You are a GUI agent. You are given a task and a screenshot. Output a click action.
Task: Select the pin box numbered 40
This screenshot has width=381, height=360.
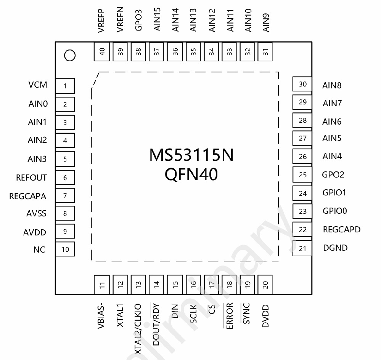click(102, 51)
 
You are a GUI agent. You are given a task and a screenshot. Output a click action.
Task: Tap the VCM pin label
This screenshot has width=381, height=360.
click(38, 85)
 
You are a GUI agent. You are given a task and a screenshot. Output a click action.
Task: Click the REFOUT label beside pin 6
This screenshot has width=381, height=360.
click(31, 178)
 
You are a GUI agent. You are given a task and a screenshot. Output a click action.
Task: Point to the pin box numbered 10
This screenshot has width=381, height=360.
click(65, 249)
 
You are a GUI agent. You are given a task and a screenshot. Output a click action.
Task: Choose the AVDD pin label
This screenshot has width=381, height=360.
click(34, 232)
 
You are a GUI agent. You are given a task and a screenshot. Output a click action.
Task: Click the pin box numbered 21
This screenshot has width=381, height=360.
click(302, 248)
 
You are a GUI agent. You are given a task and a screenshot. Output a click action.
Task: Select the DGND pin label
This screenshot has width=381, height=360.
click(335, 248)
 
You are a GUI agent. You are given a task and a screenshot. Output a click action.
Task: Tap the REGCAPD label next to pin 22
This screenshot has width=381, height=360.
click(342, 229)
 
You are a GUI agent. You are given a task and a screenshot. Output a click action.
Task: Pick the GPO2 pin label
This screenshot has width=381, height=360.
click(333, 174)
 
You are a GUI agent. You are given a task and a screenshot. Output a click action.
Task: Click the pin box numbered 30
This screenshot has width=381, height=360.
click(302, 84)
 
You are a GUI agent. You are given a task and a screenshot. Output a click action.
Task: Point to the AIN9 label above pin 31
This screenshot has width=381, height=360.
click(266, 22)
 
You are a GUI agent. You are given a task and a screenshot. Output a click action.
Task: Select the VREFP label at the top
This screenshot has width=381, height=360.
click(101, 21)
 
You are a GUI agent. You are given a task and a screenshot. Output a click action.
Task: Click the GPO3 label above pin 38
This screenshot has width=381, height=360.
click(138, 21)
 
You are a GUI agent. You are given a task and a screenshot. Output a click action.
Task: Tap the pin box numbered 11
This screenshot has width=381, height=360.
click(102, 285)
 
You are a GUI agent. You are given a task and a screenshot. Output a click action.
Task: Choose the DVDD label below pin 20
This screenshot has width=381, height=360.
click(265, 316)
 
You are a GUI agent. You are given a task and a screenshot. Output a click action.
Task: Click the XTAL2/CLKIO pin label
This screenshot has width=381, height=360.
click(138, 329)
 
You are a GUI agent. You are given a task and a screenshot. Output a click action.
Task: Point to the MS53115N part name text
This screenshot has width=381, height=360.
click(191, 155)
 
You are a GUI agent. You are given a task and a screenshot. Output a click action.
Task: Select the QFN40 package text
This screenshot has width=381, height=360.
click(191, 174)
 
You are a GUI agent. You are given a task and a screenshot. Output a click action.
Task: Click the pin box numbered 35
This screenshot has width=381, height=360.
click(193, 51)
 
